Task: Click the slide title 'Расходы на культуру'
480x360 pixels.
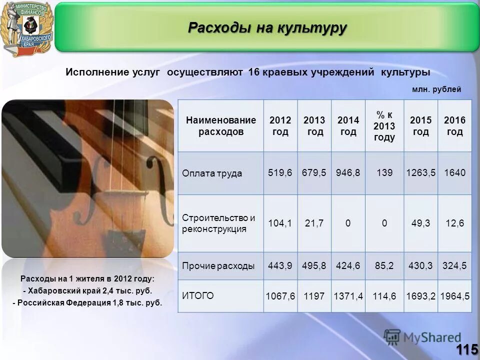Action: tap(267, 28)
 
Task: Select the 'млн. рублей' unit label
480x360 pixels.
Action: tap(436, 89)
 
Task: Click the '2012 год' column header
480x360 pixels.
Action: tap(280, 126)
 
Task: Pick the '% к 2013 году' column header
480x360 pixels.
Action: tap(384, 126)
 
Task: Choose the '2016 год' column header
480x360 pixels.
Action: tap(454, 126)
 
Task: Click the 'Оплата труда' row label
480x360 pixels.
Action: tap(211, 173)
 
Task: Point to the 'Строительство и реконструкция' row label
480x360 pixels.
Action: tap(218, 223)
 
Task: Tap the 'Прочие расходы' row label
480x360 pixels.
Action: tap(218, 266)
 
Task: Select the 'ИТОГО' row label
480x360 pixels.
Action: tap(198, 295)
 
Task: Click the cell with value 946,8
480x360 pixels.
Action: tap(348, 173)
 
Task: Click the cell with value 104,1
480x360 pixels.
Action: tap(280, 223)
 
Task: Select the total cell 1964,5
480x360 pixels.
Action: tap(454, 296)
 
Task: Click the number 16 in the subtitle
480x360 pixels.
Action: tap(253, 72)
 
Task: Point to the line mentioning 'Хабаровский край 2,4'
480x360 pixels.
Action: tap(87, 290)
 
